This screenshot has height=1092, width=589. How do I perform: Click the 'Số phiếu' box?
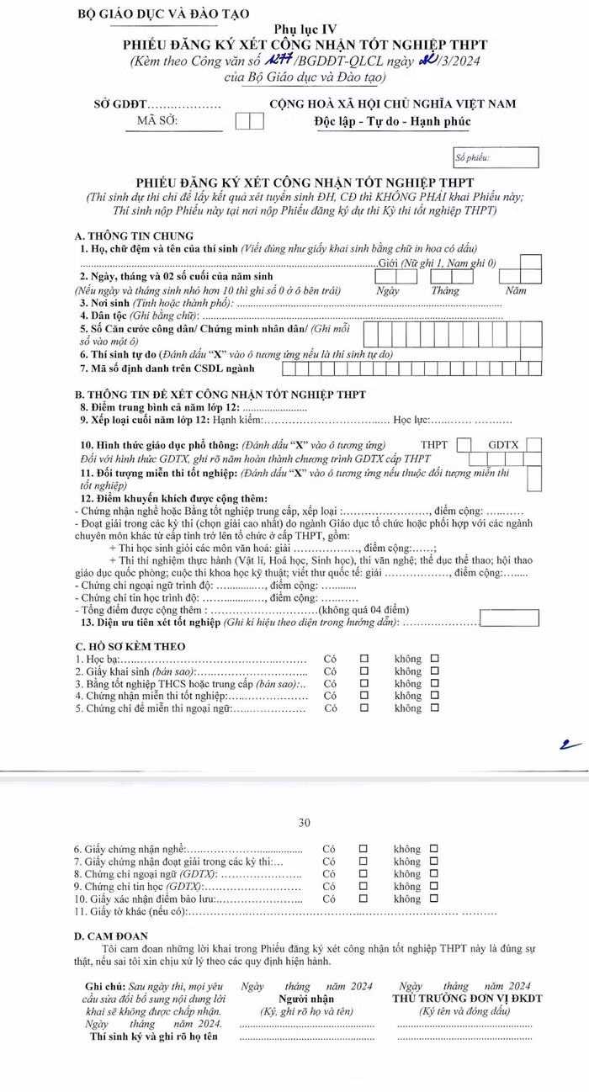(x=495, y=157)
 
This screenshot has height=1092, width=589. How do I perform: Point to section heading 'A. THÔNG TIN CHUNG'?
(x=135, y=236)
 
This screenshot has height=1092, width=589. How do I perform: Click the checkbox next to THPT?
(x=464, y=445)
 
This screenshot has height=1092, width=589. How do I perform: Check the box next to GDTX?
(x=533, y=445)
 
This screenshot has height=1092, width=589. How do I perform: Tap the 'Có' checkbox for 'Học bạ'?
(x=364, y=659)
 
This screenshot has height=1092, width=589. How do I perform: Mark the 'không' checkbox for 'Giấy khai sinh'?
(x=435, y=671)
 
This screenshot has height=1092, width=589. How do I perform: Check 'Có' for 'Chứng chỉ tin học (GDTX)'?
(x=364, y=886)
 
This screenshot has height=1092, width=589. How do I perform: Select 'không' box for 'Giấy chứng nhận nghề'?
(x=435, y=849)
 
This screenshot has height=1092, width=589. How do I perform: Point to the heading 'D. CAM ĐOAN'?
(x=111, y=936)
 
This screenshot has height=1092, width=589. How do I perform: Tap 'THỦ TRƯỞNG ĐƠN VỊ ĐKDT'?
(x=467, y=998)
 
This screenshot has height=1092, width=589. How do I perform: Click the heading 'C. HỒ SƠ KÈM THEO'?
(x=130, y=646)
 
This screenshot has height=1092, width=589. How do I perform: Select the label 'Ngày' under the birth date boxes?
(x=387, y=290)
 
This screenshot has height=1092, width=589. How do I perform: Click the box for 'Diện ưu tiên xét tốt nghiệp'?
(x=509, y=618)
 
